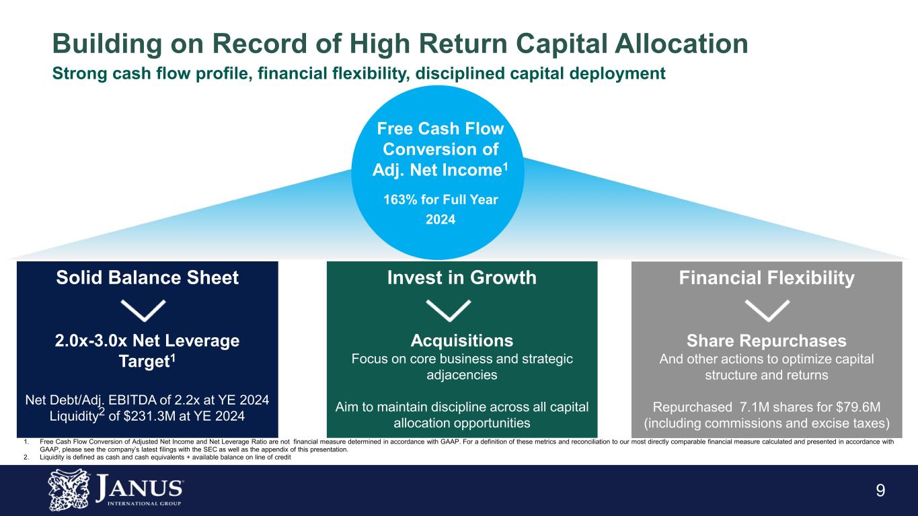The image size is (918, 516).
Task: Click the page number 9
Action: [x=880, y=490]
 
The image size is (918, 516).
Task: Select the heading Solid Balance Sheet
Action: [x=147, y=277]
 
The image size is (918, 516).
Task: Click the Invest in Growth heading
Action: [x=461, y=277]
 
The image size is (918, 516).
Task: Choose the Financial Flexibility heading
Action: [x=767, y=277]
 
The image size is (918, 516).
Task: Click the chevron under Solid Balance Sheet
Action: [x=144, y=310]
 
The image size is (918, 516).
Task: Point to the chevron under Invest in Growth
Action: [x=449, y=310]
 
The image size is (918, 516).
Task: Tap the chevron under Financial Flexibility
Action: [x=768, y=310]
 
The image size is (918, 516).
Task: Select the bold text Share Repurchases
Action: [x=767, y=340]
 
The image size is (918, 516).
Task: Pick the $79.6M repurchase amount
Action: [x=856, y=408]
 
